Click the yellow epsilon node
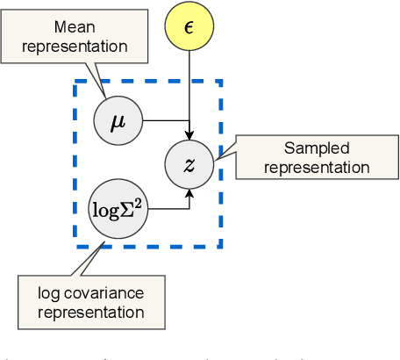[189, 26]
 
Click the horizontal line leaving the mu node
[163, 119]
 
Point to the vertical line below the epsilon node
[189, 88]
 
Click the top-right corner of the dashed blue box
[220, 83]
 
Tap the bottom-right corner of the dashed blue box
[220, 245]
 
